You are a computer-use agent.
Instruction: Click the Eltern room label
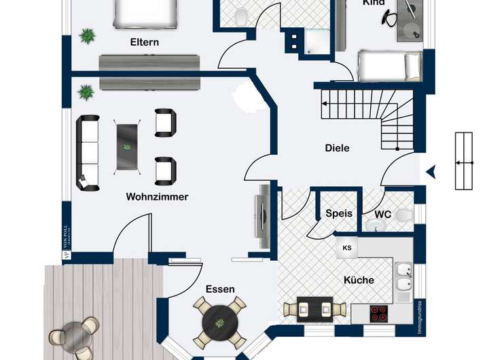coord(145,42)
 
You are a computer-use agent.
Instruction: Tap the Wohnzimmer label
coord(157,197)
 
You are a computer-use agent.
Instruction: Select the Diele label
coord(337,147)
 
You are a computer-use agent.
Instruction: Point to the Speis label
coord(339,213)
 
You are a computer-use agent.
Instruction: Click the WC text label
coord(383,215)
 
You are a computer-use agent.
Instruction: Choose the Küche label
coord(359,280)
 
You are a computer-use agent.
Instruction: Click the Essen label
coord(220,289)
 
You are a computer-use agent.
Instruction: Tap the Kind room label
coord(374,3)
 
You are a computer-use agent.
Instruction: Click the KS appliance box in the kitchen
coord(348,248)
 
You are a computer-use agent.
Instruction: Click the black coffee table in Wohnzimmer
coord(127,147)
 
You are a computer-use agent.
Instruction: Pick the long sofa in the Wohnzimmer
coord(88,152)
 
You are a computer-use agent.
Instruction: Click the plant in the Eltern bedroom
coord(87,36)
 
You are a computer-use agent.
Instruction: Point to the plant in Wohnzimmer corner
coord(86,91)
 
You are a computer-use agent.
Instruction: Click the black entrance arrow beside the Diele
coord(431,173)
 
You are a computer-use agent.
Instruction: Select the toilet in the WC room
coord(402,216)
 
